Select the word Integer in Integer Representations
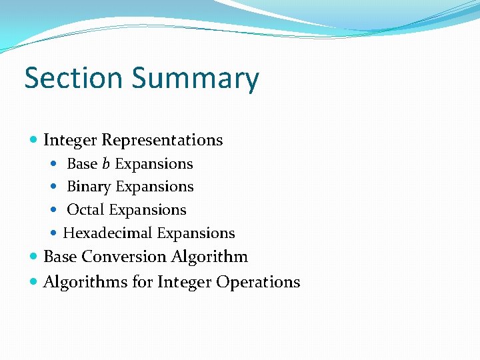pyautogui.click(x=70, y=141)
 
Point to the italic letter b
pyautogui.click(x=106, y=163)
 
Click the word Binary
pyautogui.click(x=89, y=187)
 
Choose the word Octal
pyautogui.click(x=86, y=209)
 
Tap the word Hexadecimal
pyautogui.click(x=106, y=233)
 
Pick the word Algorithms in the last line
pyautogui.click(x=85, y=282)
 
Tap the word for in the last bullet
pyautogui.click(x=143, y=282)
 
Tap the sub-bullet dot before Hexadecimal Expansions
pyautogui.click(x=56, y=233)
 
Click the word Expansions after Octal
pyautogui.click(x=147, y=210)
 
